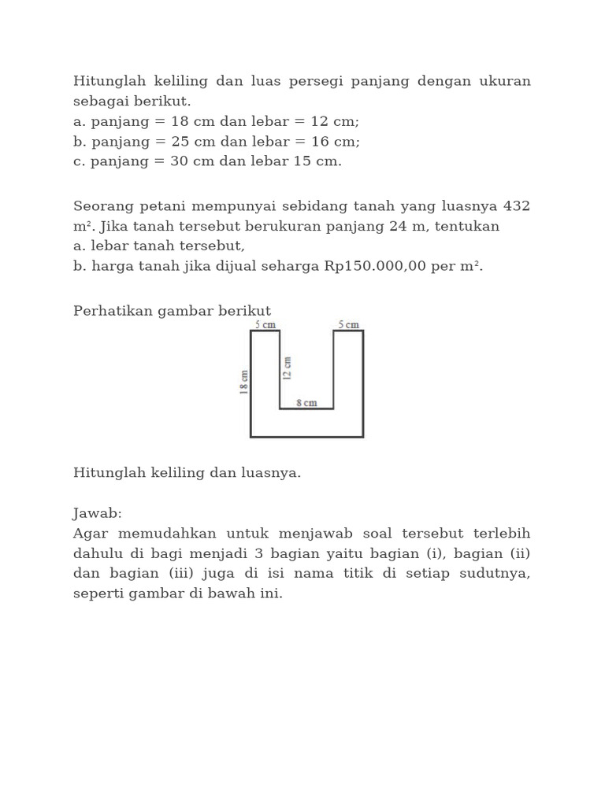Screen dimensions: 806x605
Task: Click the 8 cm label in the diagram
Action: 306,403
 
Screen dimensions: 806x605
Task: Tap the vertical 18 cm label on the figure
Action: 243,382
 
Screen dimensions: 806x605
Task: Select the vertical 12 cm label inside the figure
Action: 288,368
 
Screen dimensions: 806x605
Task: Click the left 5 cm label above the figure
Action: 265,324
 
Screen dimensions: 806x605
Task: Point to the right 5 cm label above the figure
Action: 348,324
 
